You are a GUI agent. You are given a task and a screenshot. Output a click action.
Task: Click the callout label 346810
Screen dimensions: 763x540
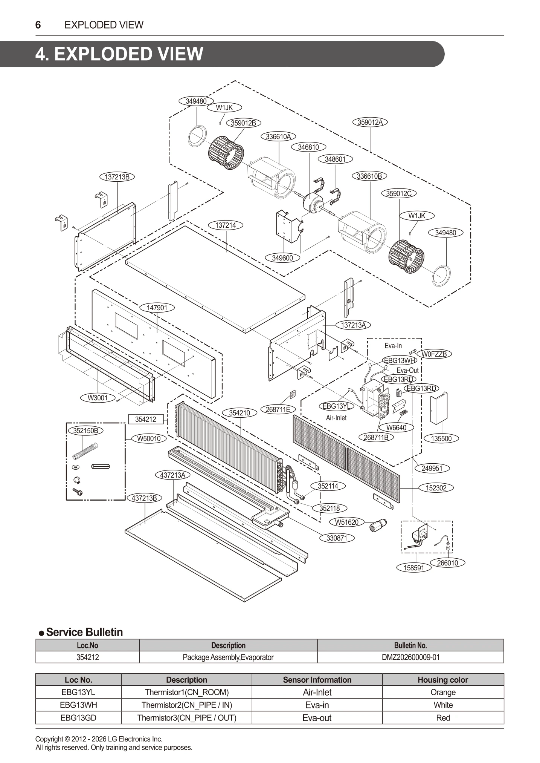pos(308,147)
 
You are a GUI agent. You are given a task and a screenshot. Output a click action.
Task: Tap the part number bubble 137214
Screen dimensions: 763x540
pos(226,225)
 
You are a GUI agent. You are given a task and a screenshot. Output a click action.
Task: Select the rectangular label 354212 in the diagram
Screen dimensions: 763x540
pos(146,419)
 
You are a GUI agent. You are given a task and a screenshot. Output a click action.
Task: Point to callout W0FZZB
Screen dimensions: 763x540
pos(434,354)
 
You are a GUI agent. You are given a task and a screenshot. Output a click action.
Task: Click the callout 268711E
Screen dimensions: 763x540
pos(278,409)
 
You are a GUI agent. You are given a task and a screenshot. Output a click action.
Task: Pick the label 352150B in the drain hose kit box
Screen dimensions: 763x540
pos(85,431)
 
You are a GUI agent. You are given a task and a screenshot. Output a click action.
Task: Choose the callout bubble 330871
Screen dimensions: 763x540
pos(337,538)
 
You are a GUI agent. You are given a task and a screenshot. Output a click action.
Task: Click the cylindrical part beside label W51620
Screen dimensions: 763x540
pos(377,525)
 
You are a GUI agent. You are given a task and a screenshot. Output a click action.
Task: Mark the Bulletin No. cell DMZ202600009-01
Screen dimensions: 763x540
pos(410,657)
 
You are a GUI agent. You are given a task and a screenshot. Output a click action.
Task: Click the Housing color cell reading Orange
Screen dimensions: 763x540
pos(443,692)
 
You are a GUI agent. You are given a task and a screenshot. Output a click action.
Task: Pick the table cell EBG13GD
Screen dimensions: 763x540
pos(78,718)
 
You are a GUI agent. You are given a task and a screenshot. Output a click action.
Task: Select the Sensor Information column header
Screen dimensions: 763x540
pos(317,680)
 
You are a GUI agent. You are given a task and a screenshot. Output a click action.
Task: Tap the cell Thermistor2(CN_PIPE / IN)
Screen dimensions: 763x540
pos(187,705)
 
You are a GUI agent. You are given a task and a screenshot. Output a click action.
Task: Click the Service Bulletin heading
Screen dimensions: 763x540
pos(84,632)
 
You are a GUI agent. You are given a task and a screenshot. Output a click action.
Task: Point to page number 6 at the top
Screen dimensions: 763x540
pos(38,25)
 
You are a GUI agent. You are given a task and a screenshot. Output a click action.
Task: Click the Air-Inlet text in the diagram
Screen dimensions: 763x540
pos(336,418)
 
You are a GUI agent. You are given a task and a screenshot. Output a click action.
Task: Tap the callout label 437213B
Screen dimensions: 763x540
pos(144,498)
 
